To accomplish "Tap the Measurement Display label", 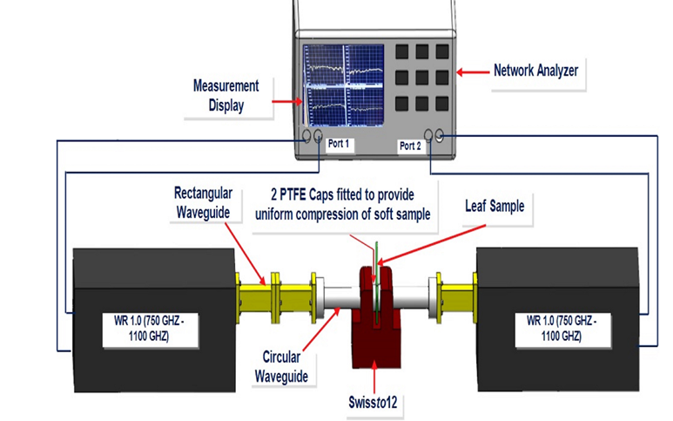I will point(226,95).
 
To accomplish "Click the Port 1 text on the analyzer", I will point(340,146).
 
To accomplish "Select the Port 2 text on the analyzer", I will point(409,146).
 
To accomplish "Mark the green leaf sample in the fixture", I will point(375,261).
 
